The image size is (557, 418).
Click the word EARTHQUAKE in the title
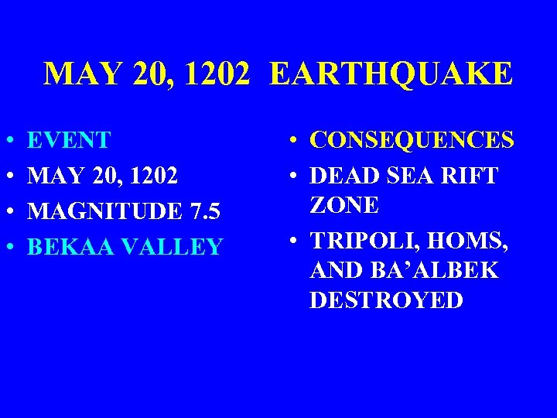coord(391,75)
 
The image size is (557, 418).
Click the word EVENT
coord(69,140)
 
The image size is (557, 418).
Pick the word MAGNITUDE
coord(96,211)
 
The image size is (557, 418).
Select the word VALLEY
coord(169,247)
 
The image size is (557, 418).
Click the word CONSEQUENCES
coord(412,140)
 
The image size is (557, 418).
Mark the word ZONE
coord(344,205)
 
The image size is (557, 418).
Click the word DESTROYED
coord(386,300)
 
